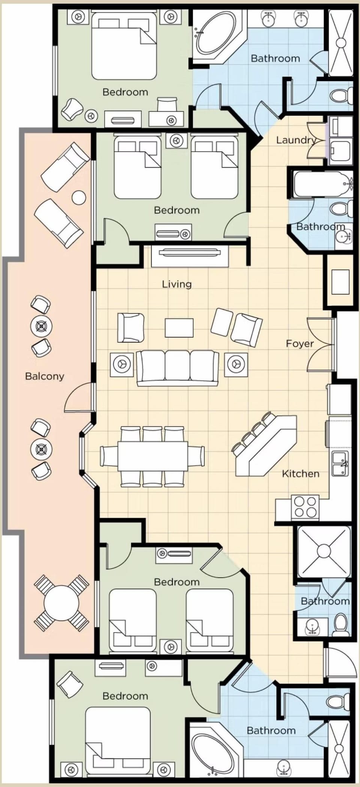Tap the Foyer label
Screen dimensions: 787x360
pyautogui.click(x=300, y=343)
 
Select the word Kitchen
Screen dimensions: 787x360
pyautogui.click(x=300, y=474)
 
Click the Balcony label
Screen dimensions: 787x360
pyautogui.click(x=45, y=376)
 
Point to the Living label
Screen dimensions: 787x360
pyautogui.click(x=177, y=284)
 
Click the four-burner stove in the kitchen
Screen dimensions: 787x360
pyautogui.click(x=305, y=507)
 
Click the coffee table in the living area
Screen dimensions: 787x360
pyautogui.click(x=179, y=328)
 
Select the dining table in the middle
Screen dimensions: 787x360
pyautogui.click(x=152, y=456)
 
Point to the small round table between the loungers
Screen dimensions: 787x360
pyautogui.click(x=79, y=198)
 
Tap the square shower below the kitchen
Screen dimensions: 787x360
pyautogui.click(x=323, y=551)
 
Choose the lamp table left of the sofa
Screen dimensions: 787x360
pyautogui.click(x=121, y=364)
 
